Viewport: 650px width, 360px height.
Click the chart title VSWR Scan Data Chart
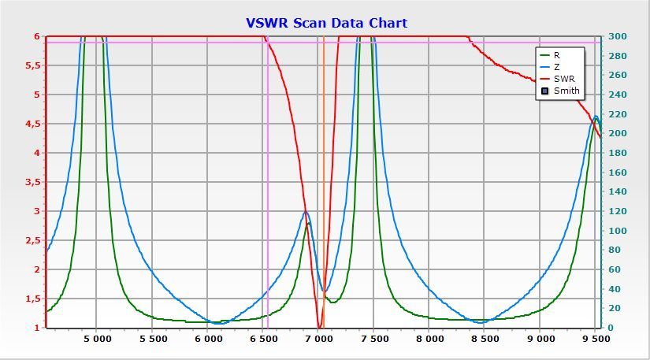[x=326, y=23]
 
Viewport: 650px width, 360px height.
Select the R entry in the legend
[x=557, y=55]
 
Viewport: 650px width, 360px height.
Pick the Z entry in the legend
[x=557, y=67]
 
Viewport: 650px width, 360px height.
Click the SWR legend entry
[x=563, y=79]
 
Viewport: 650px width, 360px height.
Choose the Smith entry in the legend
[x=566, y=91]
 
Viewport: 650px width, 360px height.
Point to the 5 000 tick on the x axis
[x=97, y=340]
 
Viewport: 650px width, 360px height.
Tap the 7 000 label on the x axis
[x=319, y=340]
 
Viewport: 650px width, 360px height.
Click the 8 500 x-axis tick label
[x=485, y=340]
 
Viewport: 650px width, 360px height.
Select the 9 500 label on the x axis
[x=596, y=340]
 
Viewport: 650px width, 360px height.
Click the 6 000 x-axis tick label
[x=208, y=340]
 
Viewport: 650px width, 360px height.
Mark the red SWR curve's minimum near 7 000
[x=319, y=326]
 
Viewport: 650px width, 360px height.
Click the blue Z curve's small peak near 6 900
[x=306, y=212]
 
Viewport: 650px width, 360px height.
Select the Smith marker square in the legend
[x=544, y=91]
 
